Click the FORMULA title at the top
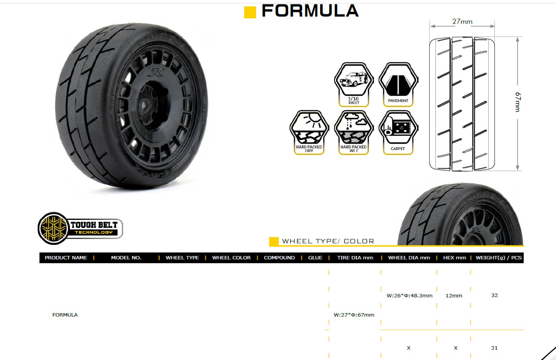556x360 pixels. pos(310,11)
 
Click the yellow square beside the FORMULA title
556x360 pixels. pos(250,12)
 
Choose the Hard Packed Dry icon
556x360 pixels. pos(309,132)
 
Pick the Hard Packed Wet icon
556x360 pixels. pos(353,132)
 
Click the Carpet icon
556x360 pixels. pos(398,132)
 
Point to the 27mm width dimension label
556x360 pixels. pos(462,21)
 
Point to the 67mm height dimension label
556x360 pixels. pos(517,102)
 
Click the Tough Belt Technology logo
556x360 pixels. pos(80,228)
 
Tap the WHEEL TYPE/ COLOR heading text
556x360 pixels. pos(328,241)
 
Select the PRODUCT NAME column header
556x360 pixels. pos(66,258)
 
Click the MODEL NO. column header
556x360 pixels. pos(126,258)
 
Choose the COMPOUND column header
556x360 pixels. pos(279,258)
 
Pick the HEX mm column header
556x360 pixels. pos(454,258)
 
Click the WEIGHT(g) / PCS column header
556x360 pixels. pos(498,258)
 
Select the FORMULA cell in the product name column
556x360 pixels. pos(65,315)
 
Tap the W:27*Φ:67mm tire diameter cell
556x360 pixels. pos(354,315)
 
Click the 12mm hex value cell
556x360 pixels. pos(454,296)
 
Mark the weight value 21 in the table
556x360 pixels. pos(494,348)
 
